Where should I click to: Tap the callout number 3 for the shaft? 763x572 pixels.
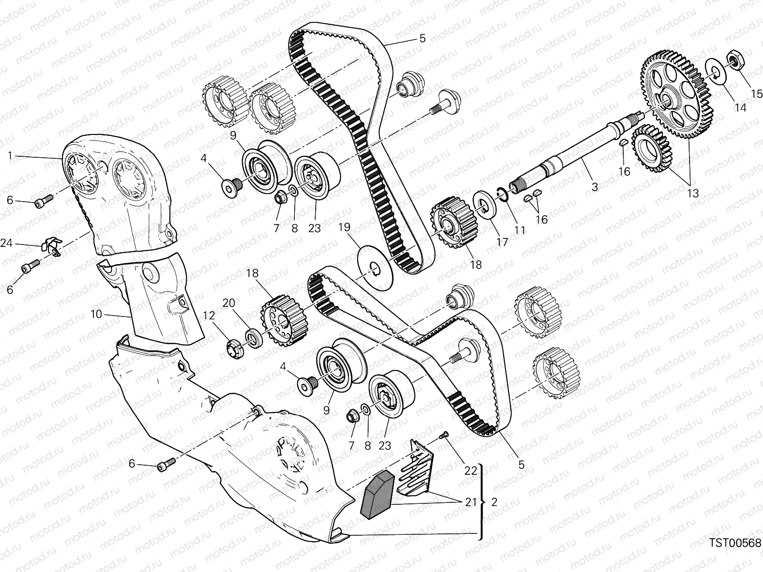pos(595,187)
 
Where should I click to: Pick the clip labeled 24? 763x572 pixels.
pos(52,246)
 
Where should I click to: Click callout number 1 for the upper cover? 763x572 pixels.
pos(10,156)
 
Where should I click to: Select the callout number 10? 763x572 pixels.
pos(96,314)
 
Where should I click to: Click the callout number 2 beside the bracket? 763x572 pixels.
pos(494,502)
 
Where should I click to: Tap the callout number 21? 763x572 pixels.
pos(471,502)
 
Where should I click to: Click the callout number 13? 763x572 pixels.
pos(693,193)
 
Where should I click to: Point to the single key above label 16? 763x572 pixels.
pos(623,143)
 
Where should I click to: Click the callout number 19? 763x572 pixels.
pos(344,227)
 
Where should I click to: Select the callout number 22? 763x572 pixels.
pos(471,470)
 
